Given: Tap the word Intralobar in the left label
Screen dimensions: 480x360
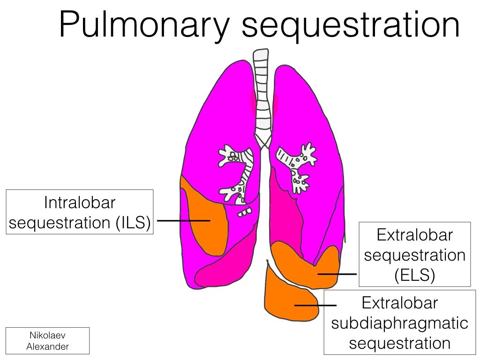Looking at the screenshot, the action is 80,202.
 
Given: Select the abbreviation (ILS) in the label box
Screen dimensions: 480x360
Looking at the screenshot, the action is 133,223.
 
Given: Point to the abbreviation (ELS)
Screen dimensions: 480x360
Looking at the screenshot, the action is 415,275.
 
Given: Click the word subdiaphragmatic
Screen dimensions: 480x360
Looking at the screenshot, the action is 399,323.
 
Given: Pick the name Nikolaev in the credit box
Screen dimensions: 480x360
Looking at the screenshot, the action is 47,335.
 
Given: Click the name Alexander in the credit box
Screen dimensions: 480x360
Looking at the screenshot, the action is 47,346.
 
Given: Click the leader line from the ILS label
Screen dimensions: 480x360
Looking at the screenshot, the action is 184,220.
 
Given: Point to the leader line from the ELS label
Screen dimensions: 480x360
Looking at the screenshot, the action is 337,274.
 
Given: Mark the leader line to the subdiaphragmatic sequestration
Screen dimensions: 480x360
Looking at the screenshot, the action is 315,305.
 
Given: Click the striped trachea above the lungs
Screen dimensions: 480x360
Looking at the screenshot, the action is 261,92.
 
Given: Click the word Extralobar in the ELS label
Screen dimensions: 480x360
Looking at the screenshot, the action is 415,235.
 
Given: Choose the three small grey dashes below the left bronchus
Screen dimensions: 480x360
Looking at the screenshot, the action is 245,212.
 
